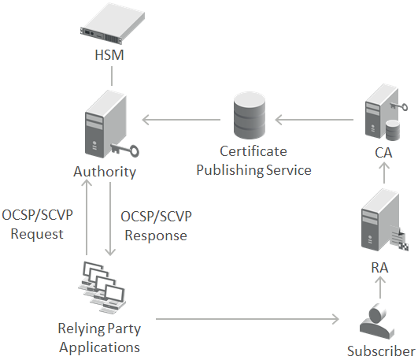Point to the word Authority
(x=105, y=171)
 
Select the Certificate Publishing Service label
(x=253, y=160)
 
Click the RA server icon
(x=380, y=228)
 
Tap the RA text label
(x=380, y=267)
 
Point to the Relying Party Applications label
(x=99, y=336)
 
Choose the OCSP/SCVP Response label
(x=155, y=225)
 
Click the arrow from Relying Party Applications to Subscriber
(x=247, y=319)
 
